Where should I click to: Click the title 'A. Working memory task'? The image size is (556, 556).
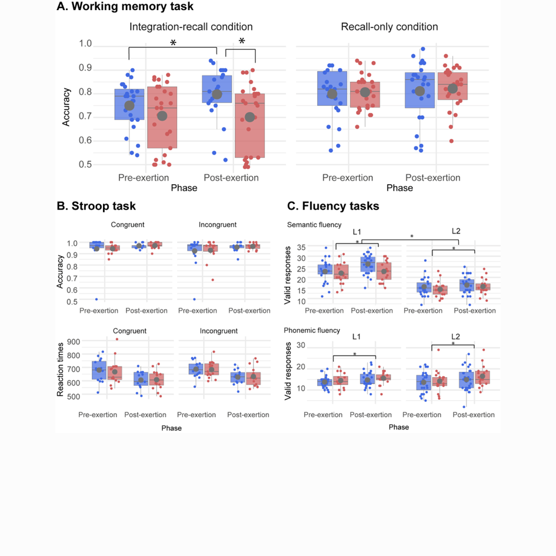125,7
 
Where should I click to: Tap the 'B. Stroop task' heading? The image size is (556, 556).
96,206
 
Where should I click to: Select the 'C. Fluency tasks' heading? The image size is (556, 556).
333,206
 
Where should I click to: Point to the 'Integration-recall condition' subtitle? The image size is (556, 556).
191,27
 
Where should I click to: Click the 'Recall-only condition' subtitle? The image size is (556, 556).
389,27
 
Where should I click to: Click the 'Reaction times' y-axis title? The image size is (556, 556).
61,368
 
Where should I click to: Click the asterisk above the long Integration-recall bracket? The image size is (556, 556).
173,43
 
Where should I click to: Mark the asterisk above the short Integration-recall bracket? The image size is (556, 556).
241,42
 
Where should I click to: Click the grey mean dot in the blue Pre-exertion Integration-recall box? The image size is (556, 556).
129,106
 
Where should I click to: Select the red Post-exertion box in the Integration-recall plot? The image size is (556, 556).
249,125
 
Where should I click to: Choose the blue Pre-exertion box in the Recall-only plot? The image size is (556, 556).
332,88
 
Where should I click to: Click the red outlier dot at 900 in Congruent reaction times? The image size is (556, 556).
116,339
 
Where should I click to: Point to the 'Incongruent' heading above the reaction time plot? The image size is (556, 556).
218,331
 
